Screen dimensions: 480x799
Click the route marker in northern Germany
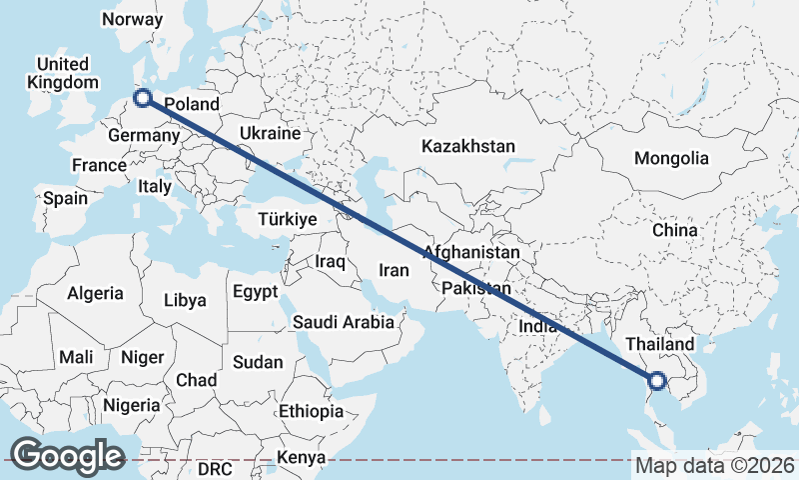pos(142,98)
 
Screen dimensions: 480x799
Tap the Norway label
pos(132,19)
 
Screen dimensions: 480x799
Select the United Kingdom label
pos(64,73)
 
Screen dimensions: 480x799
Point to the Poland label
pos(191,104)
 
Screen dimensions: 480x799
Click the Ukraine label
pos(270,133)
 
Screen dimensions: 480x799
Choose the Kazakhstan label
pos(468,146)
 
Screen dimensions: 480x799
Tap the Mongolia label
pos(671,158)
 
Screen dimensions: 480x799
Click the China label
pos(674,230)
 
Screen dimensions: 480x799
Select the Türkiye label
pos(287,219)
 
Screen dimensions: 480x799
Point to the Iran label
pos(394,269)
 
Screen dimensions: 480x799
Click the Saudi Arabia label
pos(344,322)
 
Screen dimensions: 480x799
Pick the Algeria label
pos(95,293)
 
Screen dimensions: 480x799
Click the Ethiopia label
pos(311,411)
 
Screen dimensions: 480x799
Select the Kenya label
pos(302,457)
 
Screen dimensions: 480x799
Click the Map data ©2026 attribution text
pos(715,465)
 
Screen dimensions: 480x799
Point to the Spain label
pos(65,198)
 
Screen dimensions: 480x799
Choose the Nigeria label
pos(131,405)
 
